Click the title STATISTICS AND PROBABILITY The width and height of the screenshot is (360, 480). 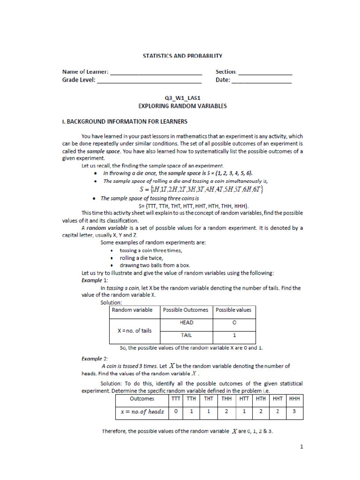pos(182,56)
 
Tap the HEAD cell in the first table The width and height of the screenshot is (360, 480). pos(186,323)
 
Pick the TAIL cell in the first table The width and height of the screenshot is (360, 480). pos(186,335)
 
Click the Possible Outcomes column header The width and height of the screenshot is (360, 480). pos(186,310)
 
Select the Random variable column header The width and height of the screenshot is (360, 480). pos(132,310)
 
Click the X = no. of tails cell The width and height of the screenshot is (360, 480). pos(134,330)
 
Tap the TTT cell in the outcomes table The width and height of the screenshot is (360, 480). pos(175,399)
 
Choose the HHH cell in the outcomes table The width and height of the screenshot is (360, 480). pos(294,399)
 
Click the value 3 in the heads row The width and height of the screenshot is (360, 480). pos(294,412)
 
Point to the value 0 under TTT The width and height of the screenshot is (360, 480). pos(175,412)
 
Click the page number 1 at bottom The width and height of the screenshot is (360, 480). pos(302,447)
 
